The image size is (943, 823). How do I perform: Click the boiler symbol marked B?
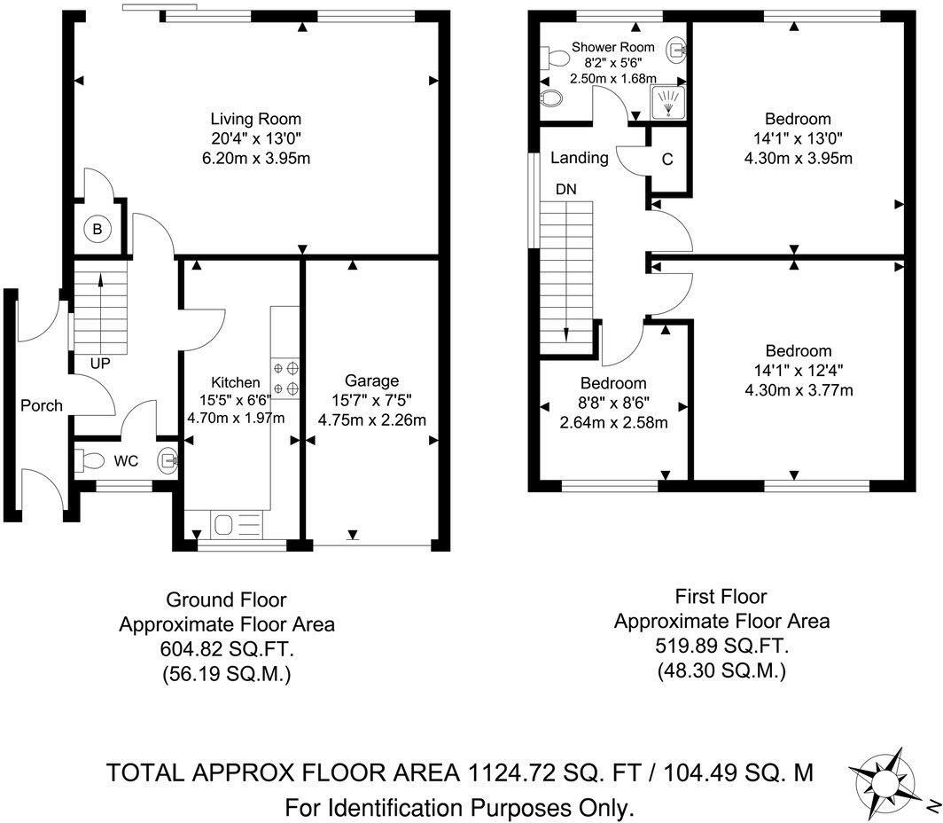(98, 230)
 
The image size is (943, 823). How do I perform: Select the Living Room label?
(255, 119)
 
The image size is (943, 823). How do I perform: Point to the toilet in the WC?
(89, 460)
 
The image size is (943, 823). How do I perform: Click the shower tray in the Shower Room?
(670, 102)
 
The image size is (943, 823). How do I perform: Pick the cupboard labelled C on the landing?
(667, 160)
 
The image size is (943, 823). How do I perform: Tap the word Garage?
(372, 380)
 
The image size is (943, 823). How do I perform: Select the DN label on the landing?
(566, 189)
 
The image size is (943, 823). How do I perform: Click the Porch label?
(42, 405)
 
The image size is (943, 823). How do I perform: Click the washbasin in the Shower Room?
(676, 50)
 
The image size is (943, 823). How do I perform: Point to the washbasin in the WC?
(168, 460)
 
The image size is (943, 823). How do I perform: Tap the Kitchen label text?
(236, 382)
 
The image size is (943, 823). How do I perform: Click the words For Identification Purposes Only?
(459, 808)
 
